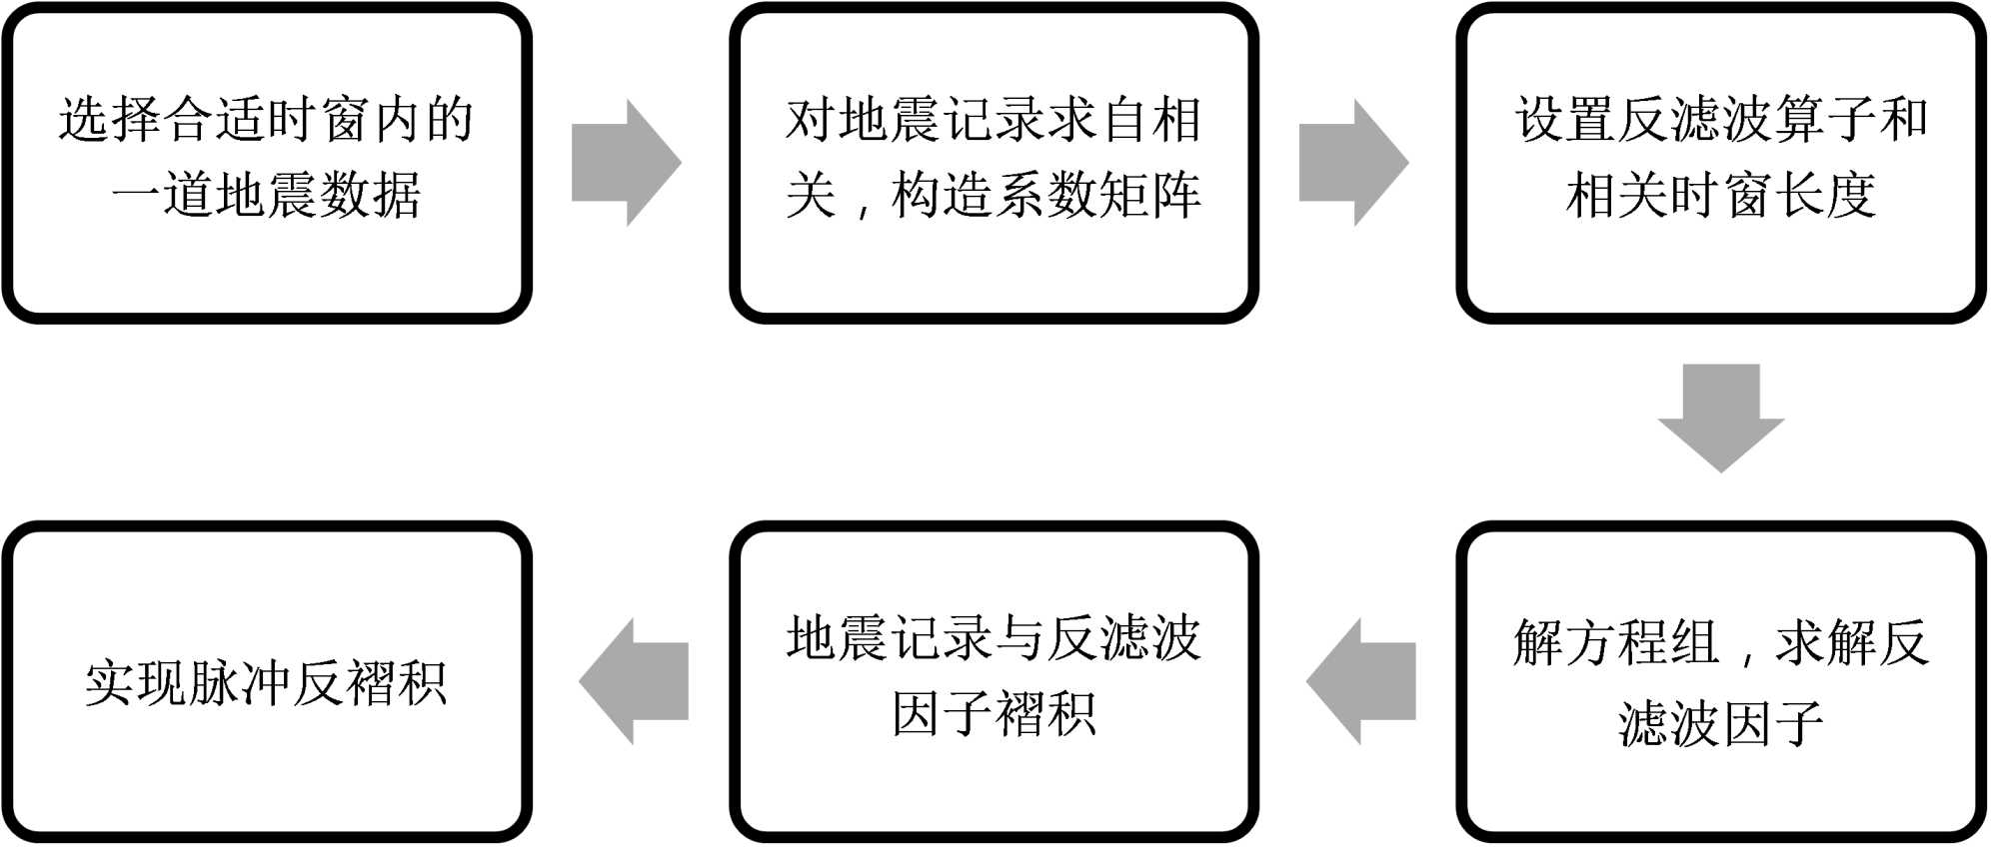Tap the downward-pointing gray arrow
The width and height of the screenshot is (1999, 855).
click(x=1720, y=417)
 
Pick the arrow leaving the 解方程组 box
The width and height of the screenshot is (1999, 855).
click(x=1361, y=681)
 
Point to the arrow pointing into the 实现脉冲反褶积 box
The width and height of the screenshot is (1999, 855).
click(x=634, y=681)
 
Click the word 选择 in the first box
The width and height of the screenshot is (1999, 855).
click(x=110, y=120)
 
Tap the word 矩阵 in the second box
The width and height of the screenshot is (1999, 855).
click(x=1149, y=195)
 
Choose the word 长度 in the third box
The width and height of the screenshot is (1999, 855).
click(x=1824, y=195)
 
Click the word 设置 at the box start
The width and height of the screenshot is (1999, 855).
click(x=1564, y=120)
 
